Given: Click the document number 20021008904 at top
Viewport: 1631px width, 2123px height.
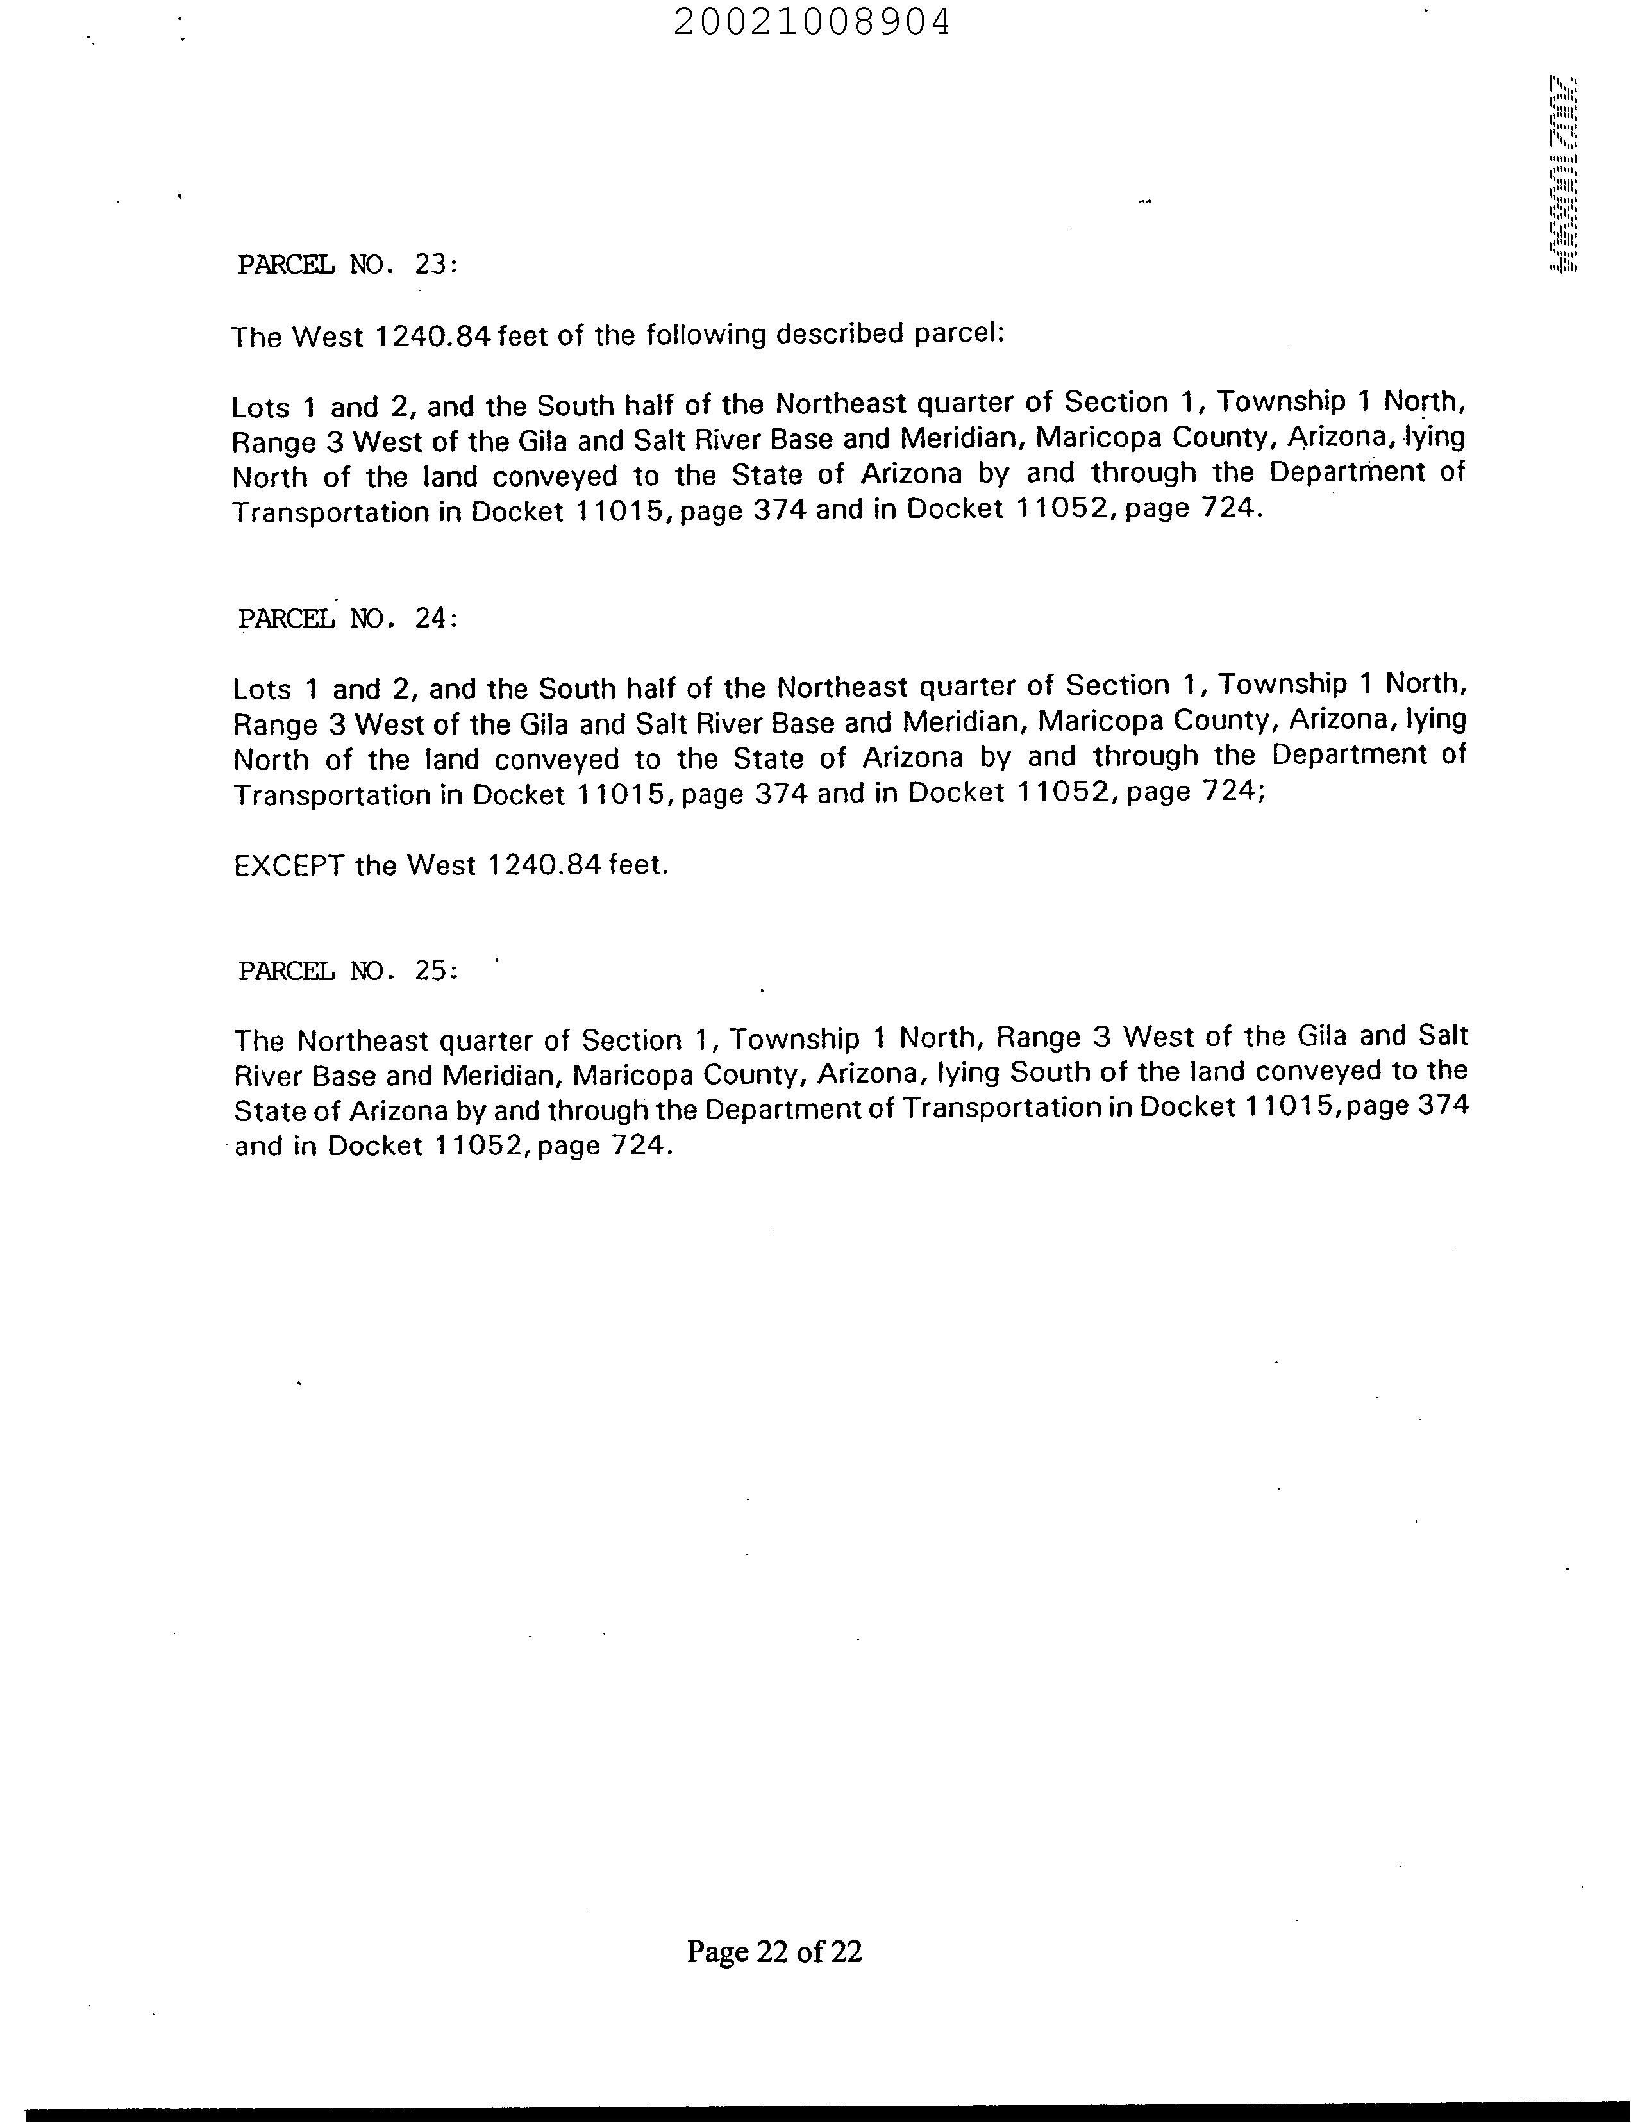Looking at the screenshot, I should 812,21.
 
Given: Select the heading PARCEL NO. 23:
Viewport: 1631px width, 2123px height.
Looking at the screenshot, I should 347,264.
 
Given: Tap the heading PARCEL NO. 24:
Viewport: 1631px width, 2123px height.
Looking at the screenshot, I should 347,619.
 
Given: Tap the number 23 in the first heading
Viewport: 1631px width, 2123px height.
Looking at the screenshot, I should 430,264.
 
